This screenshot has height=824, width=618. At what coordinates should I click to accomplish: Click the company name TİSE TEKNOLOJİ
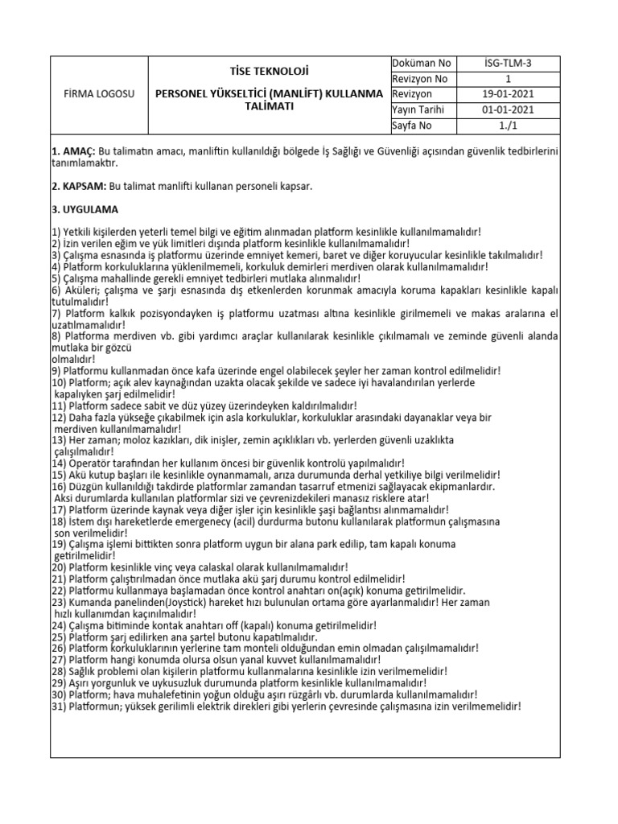tap(270, 71)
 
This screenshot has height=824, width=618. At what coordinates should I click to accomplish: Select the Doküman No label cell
tap(422, 64)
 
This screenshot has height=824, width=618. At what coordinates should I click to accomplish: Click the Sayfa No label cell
tap(412, 126)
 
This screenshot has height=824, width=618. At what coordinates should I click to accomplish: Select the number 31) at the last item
tap(60, 706)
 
